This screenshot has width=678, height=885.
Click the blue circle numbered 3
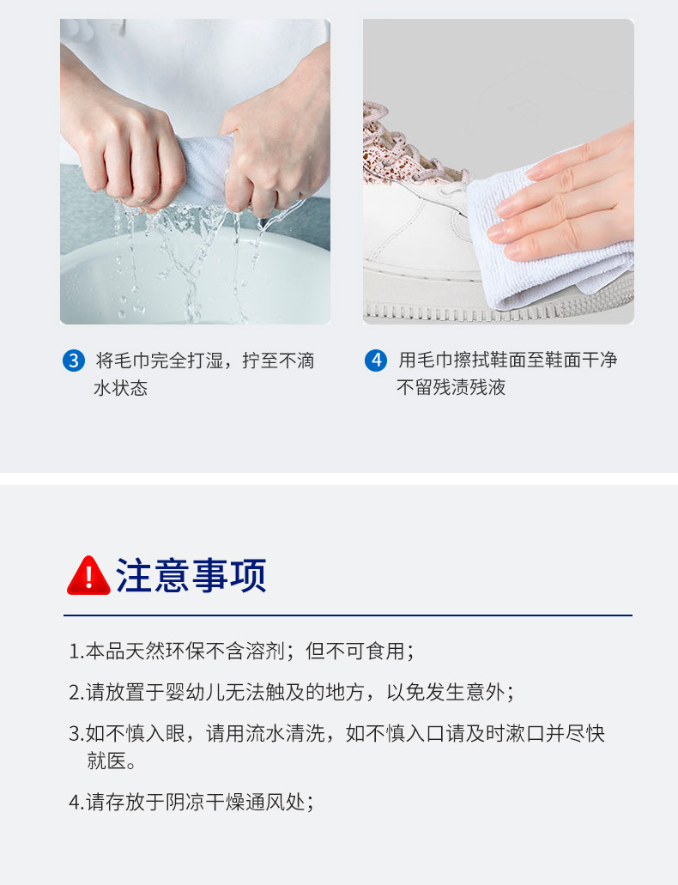[74, 361]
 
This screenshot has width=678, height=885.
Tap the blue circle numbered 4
[376, 361]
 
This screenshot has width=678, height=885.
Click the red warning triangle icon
[88, 576]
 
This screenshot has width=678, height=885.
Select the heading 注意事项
[191, 575]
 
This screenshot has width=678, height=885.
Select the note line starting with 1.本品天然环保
[241, 652]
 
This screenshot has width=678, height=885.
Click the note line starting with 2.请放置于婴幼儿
[291, 692]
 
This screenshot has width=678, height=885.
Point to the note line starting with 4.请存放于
[191, 802]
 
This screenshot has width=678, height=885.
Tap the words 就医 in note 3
[106, 761]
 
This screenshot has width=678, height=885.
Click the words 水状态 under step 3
[121, 388]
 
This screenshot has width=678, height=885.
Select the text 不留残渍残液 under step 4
[451, 387]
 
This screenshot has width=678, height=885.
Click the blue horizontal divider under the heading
[348, 615]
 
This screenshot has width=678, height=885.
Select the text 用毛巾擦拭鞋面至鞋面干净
[508, 361]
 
